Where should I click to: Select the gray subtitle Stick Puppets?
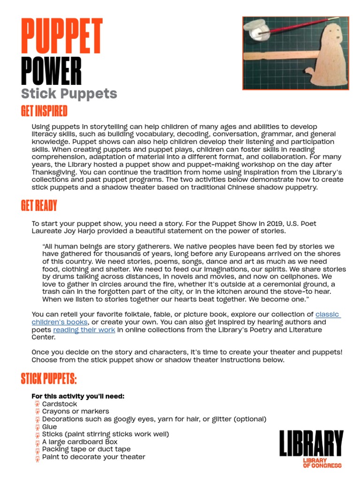coord(69,93)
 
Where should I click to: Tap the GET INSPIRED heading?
coord(44,111)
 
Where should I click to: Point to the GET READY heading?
coord(39,205)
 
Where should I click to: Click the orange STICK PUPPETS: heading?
coord(49,379)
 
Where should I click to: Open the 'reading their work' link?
coord(84,330)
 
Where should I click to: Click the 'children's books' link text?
coord(60,322)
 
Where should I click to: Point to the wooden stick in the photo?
coord(278,56)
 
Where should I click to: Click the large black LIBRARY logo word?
coord(311,443)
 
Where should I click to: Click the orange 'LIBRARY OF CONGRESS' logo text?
coord(322,463)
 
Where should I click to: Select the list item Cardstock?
coord(60,404)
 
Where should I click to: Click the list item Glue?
coord(49,427)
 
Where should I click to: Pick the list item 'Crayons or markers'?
coord(75,412)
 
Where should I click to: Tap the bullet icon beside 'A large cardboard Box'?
coord(37,442)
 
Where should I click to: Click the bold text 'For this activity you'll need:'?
coord(78,396)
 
